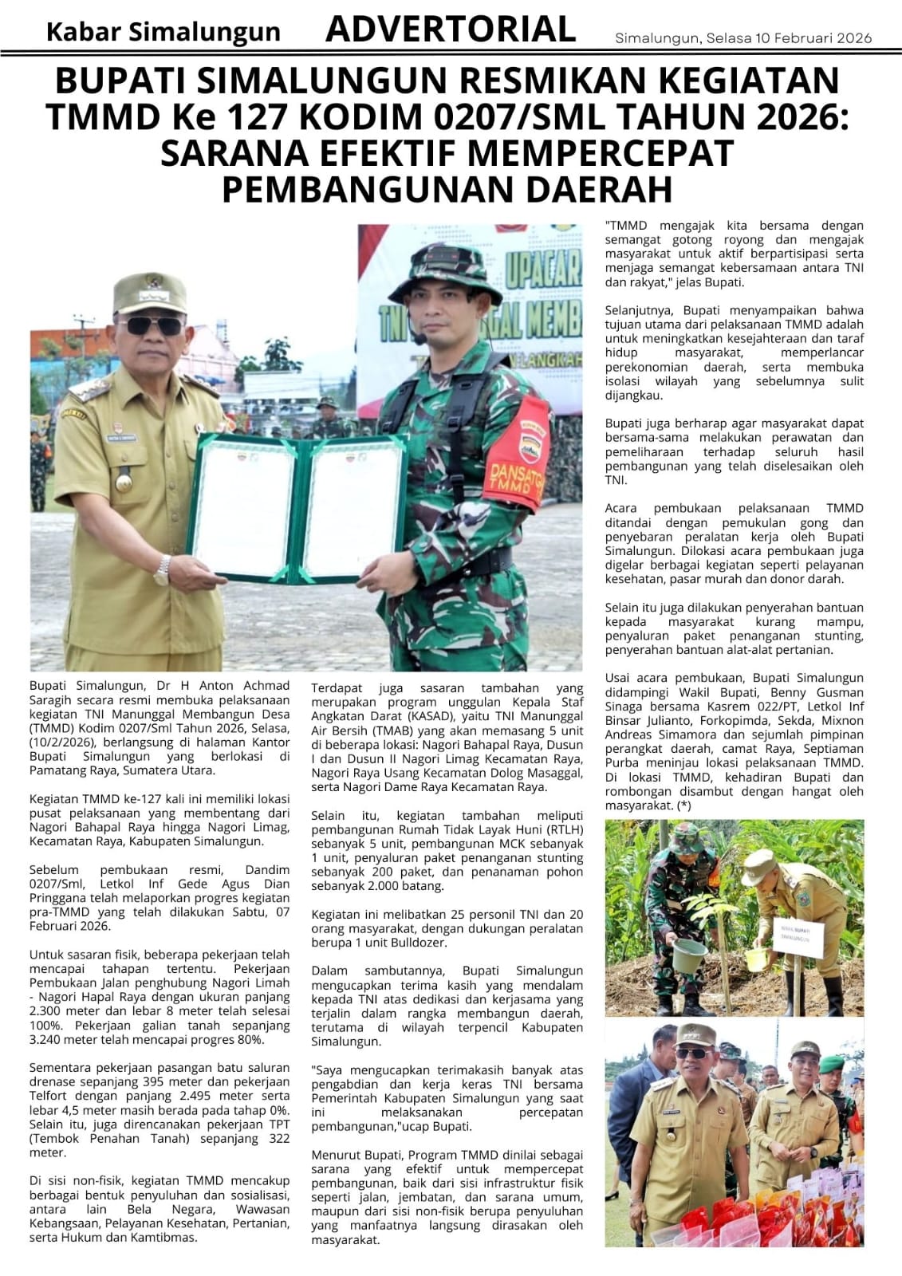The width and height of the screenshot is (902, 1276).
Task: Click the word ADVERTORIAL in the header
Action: [451, 30]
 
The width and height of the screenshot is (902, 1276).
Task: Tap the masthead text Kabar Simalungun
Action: [163, 32]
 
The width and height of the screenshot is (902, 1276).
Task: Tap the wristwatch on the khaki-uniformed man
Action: [163, 569]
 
